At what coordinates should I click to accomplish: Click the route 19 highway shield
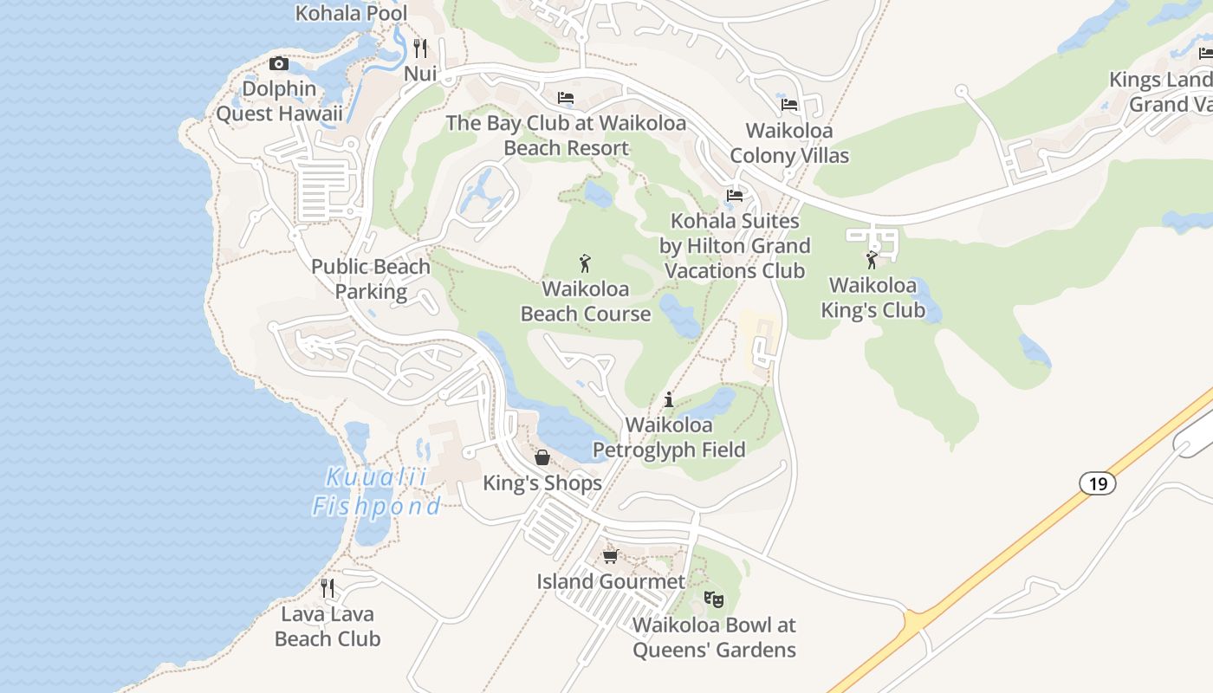point(1098,483)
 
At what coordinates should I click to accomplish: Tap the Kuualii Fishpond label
point(377,491)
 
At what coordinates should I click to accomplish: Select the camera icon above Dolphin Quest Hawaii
point(278,63)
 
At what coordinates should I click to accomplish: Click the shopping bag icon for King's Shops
point(542,457)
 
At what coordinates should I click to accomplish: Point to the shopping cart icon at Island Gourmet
point(611,556)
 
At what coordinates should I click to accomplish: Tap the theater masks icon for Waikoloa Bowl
point(713,599)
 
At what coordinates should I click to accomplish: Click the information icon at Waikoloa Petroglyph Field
point(669,399)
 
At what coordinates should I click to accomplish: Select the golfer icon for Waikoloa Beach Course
point(586,263)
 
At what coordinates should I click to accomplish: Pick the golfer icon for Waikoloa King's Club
point(872,260)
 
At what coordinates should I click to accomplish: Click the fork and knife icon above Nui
point(420,48)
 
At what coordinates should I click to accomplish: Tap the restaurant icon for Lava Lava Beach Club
point(328,588)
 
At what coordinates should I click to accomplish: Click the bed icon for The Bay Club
point(566,98)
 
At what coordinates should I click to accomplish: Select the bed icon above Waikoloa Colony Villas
point(789,105)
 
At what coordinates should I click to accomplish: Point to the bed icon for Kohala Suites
point(735,195)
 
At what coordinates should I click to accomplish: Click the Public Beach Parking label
point(371,279)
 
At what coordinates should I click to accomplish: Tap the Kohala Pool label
point(351,13)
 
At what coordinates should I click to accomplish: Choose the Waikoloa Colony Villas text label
point(789,143)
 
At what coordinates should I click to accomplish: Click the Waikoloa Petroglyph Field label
point(669,437)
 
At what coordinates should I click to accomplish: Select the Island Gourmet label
point(611,581)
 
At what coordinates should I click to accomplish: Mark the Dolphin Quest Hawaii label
point(279,101)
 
